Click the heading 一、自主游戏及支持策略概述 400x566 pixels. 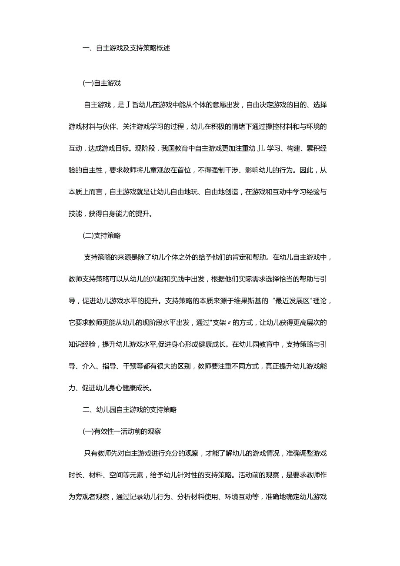(126, 48)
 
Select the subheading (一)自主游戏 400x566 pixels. (101, 82)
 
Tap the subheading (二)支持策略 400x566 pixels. (101, 235)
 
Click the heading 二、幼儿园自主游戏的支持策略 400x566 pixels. (130, 409)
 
